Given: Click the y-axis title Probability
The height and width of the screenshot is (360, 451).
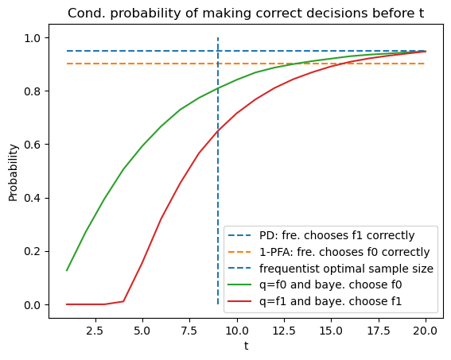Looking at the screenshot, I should [x=14, y=172].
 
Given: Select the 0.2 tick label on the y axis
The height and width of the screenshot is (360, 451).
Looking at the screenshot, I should [x=34, y=251].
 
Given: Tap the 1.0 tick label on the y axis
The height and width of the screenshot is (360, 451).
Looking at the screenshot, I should [x=34, y=38].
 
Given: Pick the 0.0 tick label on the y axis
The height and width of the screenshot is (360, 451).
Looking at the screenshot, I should [x=34, y=304].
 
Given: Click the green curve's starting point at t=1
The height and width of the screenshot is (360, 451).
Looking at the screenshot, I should [x=67, y=271].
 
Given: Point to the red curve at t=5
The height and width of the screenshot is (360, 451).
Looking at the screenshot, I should [x=142, y=261].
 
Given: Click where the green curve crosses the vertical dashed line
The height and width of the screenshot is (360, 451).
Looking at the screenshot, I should [x=218, y=88].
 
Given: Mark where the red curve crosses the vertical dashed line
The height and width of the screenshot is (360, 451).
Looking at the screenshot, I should [x=218, y=130].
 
